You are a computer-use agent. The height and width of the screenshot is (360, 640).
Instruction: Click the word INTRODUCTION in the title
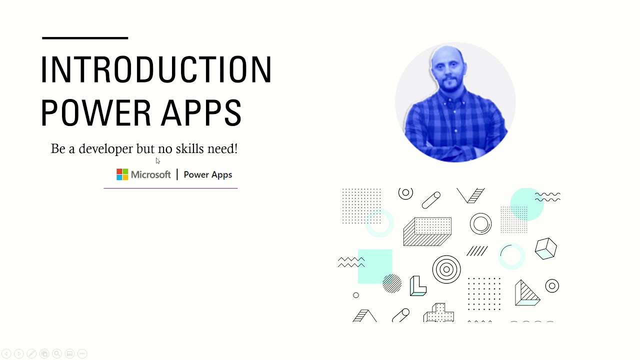[156, 69]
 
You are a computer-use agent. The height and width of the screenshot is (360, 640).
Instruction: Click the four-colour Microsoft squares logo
[122, 174]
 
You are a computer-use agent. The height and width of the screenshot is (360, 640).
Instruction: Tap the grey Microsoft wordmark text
[150, 174]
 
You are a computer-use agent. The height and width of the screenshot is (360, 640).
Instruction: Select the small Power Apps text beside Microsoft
[207, 174]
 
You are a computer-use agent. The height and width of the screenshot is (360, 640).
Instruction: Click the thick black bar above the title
[85, 37]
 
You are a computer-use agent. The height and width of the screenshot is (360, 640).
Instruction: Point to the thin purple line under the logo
[170, 188]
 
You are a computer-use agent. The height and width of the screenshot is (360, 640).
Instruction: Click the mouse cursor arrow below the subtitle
[157, 160]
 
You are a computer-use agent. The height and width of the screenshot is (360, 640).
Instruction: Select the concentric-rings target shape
[446, 269]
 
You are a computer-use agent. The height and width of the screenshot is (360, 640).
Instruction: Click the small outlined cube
[545, 248]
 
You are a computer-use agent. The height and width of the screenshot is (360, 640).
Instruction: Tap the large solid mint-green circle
[526, 204]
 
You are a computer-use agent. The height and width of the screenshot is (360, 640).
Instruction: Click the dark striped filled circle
[392, 283]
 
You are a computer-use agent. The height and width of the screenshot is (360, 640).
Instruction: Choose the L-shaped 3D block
[417, 286]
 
